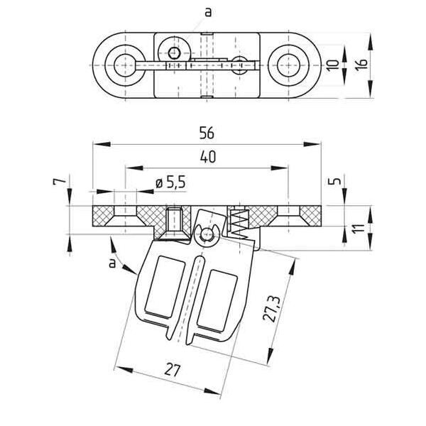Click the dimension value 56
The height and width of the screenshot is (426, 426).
207,133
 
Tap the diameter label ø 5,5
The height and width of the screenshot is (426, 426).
170,183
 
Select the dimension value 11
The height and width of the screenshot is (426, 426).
360,230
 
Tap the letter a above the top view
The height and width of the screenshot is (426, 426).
207,11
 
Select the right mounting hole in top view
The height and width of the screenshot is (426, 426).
289,63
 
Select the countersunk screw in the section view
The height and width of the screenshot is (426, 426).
175,222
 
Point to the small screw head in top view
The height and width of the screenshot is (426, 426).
173,51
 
